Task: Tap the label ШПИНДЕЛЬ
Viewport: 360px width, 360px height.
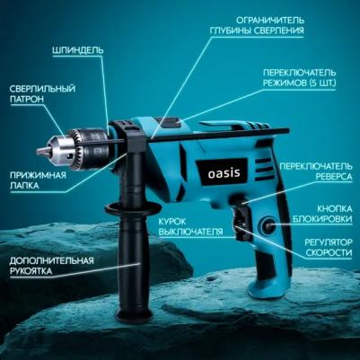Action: coord(78,50)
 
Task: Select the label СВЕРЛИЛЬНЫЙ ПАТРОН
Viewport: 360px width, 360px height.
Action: coord(42,93)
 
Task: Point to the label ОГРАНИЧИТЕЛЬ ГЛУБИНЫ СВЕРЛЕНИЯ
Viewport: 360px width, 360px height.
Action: coord(256,25)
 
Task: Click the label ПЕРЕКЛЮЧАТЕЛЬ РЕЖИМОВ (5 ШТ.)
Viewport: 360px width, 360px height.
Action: coord(299,77)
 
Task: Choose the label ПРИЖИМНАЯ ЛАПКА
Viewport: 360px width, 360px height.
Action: coord(38,180)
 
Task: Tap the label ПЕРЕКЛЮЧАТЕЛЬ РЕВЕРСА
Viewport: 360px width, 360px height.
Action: coord(317,171)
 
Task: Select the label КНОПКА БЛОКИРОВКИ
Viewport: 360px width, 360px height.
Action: coord(322,214)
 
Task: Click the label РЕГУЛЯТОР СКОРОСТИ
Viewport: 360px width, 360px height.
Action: coord(328,247)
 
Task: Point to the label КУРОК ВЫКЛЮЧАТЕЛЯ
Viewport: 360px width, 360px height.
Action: coord(190,226)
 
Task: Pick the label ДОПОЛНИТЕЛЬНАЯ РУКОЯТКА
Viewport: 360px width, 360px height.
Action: coord(51,266)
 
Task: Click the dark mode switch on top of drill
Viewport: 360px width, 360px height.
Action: coord(168,122)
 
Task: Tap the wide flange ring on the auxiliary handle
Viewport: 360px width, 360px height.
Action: coord(132,207)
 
